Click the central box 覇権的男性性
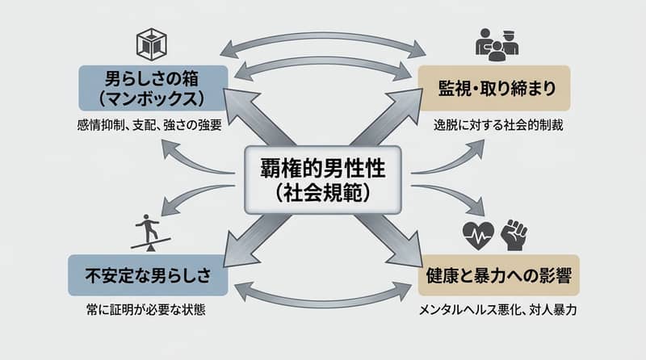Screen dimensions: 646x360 click(x=323, y=180)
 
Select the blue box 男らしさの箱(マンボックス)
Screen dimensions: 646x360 click(x=153, y=88)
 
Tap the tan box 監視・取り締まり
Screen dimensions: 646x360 click(x=494, y=88)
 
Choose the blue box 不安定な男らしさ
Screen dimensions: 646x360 click(x=148, y=275)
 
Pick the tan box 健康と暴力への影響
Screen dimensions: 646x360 click(x=499, y=275)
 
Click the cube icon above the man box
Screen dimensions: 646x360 click(x=152, y=44)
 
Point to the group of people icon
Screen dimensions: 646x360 click(x=497, y=44)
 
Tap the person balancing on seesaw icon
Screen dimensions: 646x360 click(x=150, y=232)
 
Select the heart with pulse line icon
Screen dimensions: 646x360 click(x=478, y=236)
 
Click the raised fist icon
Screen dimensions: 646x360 click(x=514, y=235)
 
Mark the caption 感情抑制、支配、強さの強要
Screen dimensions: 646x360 click(x=149, y=125)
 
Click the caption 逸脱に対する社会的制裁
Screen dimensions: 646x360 click(x=498, y=125)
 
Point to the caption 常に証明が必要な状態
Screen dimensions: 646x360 click(x=146, y=310)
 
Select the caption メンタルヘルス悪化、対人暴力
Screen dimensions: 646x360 click(x=497, y=310)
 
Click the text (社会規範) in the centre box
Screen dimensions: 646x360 click(x=323, y=193)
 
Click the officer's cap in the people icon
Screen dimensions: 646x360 click(x=509, y=33)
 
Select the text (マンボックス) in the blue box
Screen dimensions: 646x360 click(x=152, y=98)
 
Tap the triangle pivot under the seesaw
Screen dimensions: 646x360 click(x=151, y=248)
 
